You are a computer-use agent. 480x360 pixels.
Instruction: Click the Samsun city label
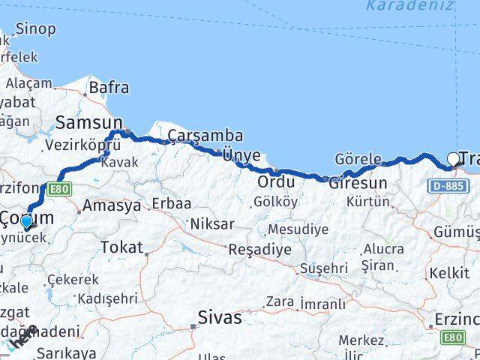click(x=89, y=121)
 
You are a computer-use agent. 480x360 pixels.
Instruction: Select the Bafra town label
click(x=109, y=87)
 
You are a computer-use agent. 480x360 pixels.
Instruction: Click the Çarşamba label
click(x=205, y=136)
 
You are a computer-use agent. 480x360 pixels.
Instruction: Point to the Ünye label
click(x=241, y=155)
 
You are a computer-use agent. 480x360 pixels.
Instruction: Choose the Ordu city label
click(x=275, y=182)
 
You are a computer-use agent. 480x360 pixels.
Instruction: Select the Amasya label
click(x=112, y=205)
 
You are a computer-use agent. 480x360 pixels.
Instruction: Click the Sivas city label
click(x=220, y=317)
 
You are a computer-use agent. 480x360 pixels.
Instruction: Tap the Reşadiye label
click(x=259, y=249)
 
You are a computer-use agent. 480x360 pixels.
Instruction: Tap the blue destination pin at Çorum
click(x=27, y=221)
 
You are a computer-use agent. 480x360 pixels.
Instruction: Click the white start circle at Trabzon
click(x=453, y=158)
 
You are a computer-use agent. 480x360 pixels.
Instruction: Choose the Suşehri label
click(x=323, y=267)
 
